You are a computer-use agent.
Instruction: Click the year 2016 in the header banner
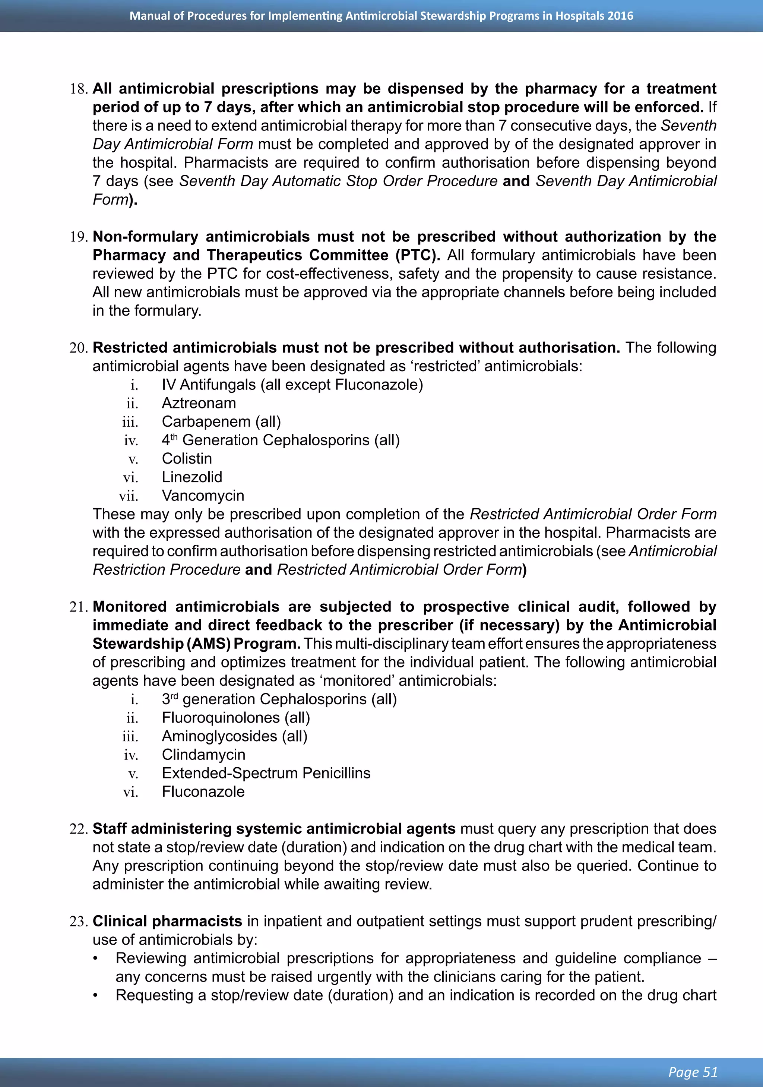620,16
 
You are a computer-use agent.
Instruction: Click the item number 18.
79,89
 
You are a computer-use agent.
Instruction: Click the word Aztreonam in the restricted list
199,403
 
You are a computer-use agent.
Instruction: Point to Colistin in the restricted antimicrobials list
187,458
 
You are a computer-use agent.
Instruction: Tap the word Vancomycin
203,495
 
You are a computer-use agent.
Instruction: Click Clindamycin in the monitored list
203,754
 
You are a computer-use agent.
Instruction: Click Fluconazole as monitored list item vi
203,791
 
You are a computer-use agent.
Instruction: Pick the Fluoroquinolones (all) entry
236,717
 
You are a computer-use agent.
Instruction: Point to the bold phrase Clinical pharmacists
167,921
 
